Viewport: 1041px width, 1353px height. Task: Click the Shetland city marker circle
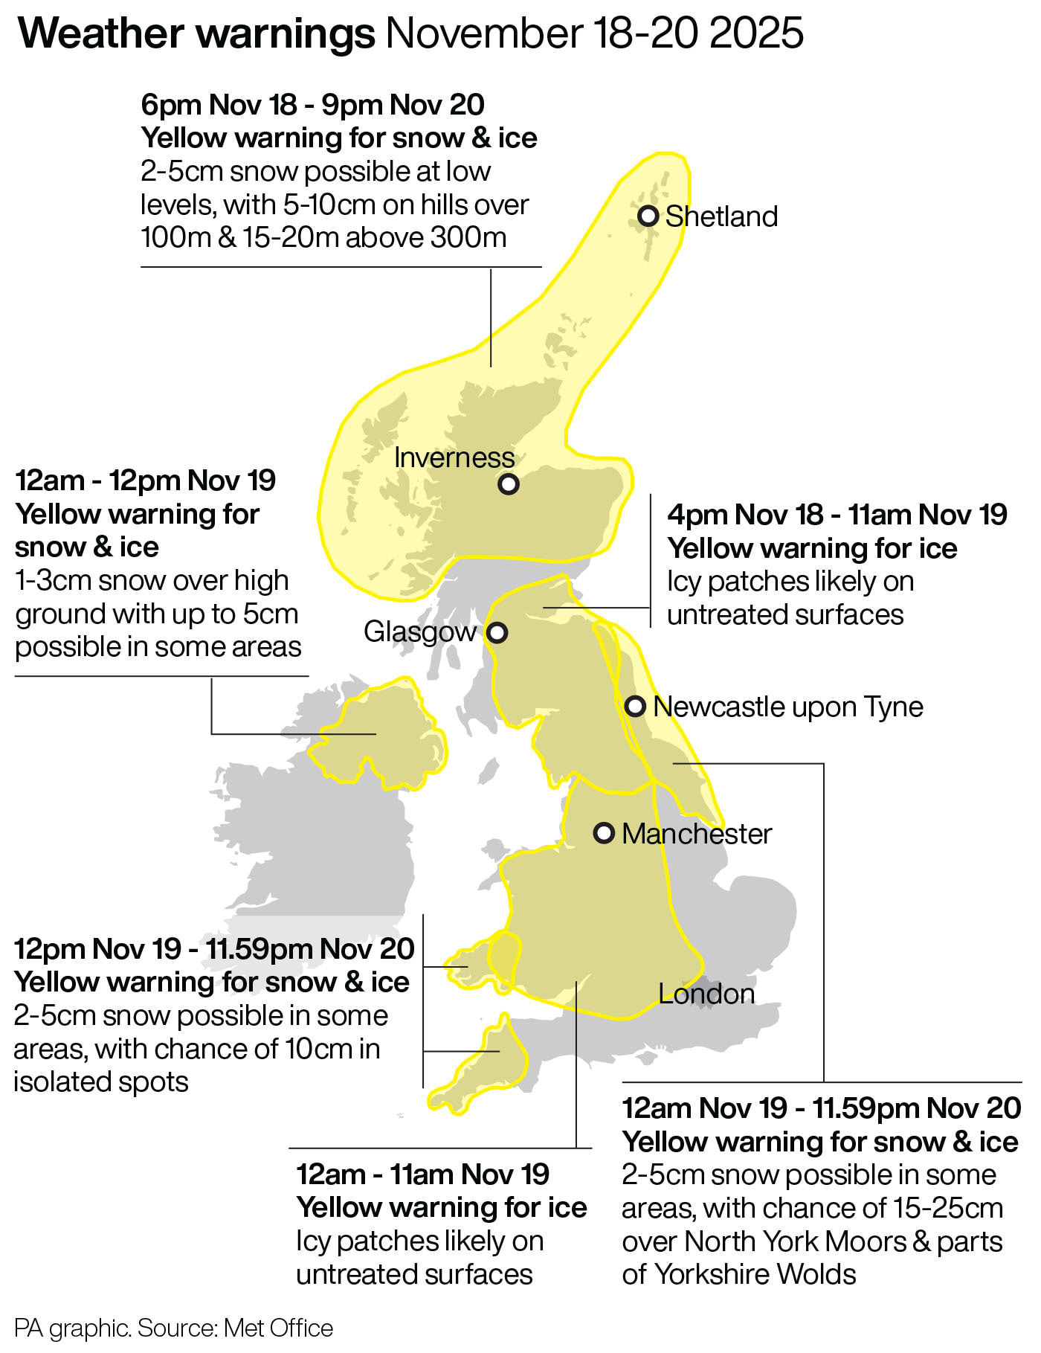pos(648,216)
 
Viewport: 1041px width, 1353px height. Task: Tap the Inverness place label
pos(454,457)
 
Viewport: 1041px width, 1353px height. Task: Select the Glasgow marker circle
pos(497,633)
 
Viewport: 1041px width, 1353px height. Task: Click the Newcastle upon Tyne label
pos(787,707)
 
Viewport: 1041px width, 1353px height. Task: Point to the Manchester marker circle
pos(604,833)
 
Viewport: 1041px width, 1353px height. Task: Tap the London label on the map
pos(706,994)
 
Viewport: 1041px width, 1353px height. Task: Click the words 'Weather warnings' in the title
pos(196,33)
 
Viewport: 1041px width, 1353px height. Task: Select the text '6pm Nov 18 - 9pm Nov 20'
pos(312,105)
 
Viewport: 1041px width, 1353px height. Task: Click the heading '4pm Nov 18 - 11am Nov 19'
pos(837,515)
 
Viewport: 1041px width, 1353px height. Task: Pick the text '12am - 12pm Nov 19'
pos(146,481)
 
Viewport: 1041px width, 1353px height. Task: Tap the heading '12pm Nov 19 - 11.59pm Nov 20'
pos(214,949)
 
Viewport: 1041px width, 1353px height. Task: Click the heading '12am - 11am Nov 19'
pos(422,1174)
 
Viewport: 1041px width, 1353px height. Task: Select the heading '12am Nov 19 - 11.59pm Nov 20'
pos(821,1108)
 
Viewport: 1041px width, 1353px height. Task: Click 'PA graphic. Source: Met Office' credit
pos(173,1328)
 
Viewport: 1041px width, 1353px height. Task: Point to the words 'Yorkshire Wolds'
pos(755,1274)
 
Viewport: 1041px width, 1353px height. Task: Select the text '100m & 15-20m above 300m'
pos(323,237)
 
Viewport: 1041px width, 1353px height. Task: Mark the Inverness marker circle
pos(509,484)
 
